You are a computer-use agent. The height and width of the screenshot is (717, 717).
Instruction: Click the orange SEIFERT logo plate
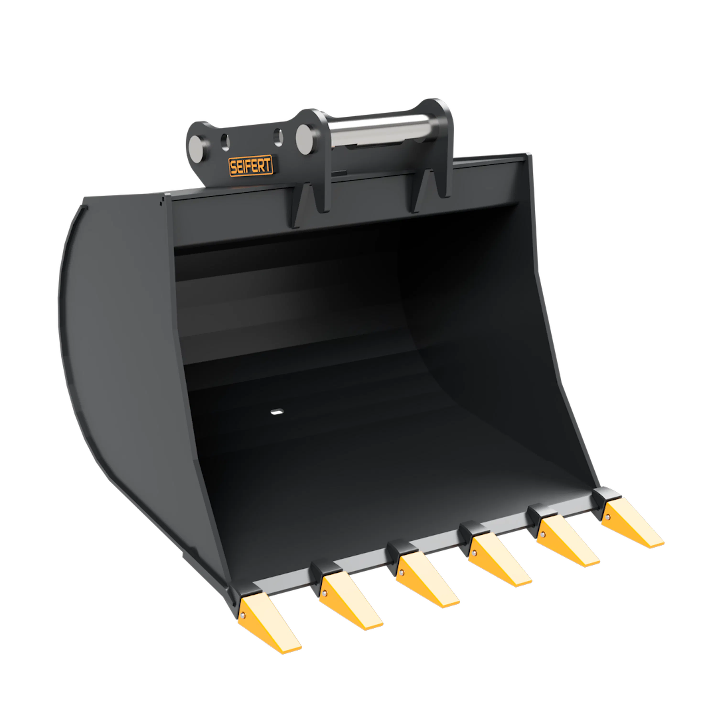(250, 166)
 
